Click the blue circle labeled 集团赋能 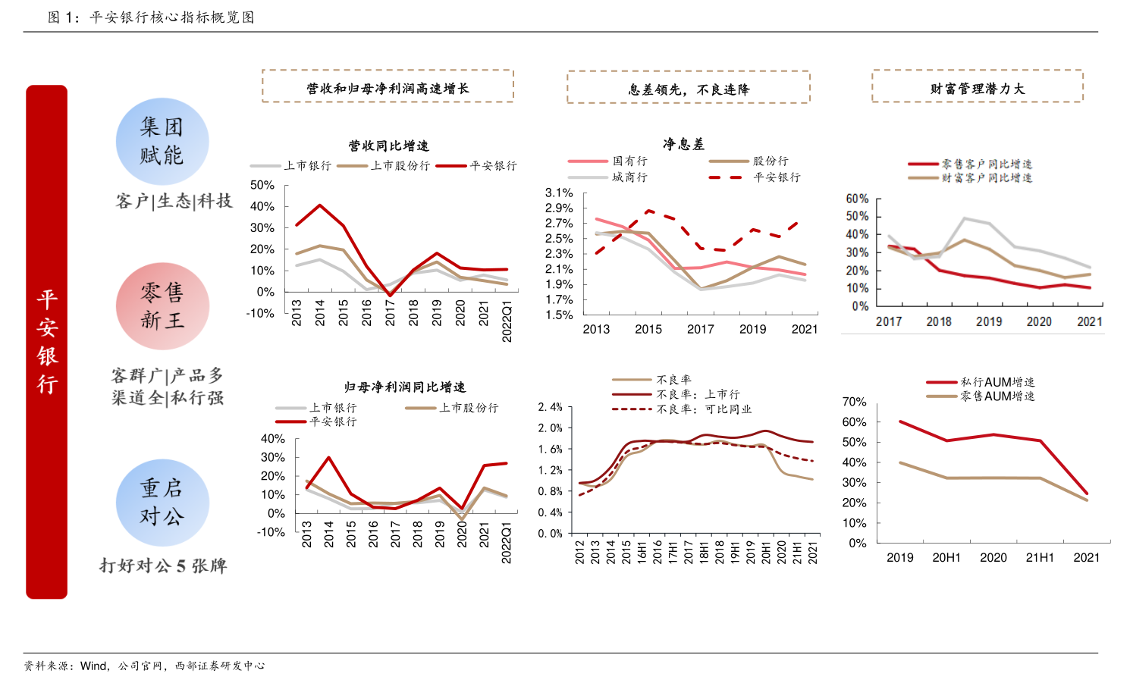coord(162,142)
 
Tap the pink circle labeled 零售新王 coord(162,306)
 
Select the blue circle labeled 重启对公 coord(162,503)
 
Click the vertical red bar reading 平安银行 coord(46,342)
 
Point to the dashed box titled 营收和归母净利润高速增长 coord(388,86)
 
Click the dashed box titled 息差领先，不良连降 coord(688,88)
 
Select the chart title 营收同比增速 coord(388,146)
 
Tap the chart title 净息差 coord(683,144)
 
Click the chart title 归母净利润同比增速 coord(404,387)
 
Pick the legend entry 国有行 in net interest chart coord(629,161)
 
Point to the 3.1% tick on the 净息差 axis coord(559,193)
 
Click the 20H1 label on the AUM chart coord(946,558)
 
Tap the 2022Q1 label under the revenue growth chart coord(507,322)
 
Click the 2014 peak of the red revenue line coord(320,205)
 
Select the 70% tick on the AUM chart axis coord(854,402)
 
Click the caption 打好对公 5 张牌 coord(163,566)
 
